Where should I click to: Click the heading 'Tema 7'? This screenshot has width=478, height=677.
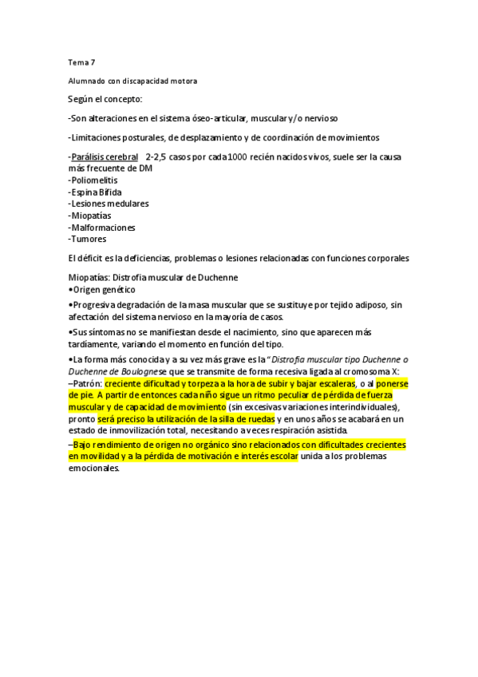pyautogui.click(x=81, y=63)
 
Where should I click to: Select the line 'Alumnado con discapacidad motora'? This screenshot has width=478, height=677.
pyautogui.click(x=132, y=81)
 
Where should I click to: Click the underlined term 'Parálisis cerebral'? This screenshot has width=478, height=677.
pyautogui.click(x=105, y=156)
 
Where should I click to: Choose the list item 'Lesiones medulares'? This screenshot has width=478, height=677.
pyautogui.click(x=109, y=204)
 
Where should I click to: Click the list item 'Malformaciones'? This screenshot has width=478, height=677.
pyautogui.click(x=102, y=228)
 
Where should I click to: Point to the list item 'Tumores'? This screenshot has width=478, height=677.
pyautogui.click(x=88, y=239)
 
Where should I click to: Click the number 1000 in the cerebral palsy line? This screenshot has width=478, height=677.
pyautogui.click(x=237, y=156)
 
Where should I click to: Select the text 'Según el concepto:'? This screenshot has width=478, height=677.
pyautogui.click(x=105, y=99)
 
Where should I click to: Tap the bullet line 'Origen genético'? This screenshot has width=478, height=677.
pyautogui.click(x=103, y=289)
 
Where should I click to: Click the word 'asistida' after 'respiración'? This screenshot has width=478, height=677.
pyautogui.click(x=326, y=430)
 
